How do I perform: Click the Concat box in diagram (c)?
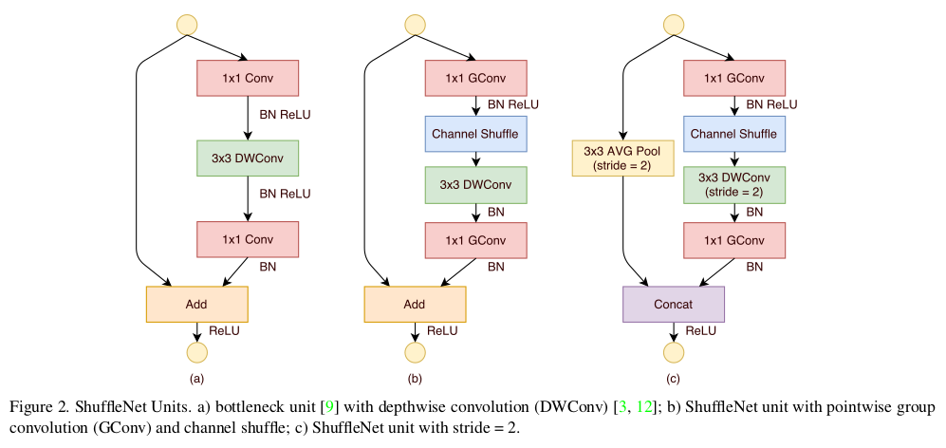click(674, 304)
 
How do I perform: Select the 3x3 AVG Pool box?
click(621, 157)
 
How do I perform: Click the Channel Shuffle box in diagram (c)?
click(734, 135)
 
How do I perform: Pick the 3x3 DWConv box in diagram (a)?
click(248, 158)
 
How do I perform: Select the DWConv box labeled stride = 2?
click(734, 184)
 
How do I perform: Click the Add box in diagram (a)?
click(196, 304)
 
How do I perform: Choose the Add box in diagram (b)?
click(415, 304)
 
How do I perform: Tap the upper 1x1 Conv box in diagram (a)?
click(248, 78)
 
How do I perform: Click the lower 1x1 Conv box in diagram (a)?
click(248, 239)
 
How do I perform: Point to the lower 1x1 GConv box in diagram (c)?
click(734, 239)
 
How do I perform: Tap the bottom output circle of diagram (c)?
click(674, 353)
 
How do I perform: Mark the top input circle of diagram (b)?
click(415, 25)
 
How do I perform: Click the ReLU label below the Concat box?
click(700, 330)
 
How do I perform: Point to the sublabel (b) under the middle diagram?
click(415, 379)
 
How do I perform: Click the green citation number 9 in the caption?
click(330, 407)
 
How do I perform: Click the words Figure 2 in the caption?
click(37, 407)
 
